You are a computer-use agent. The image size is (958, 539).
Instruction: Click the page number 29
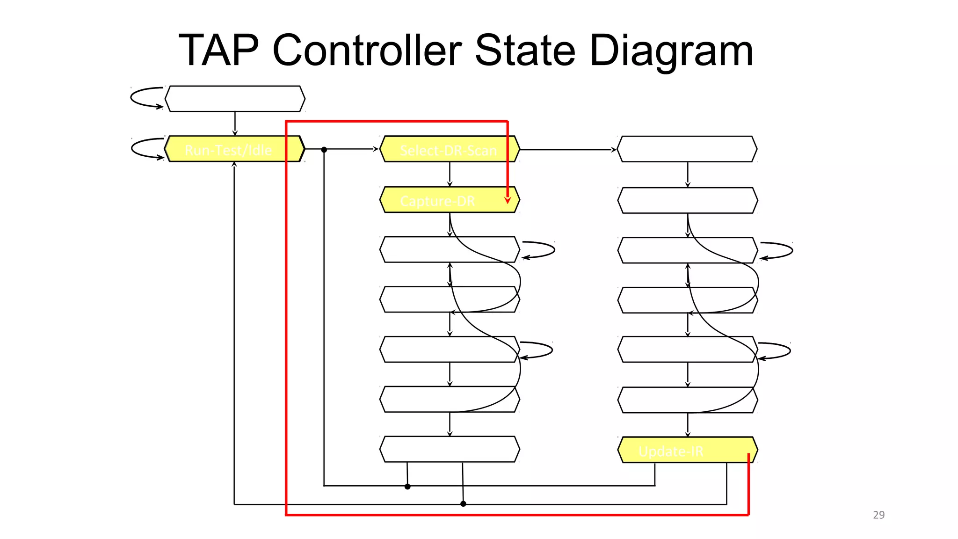(x=878, y=515)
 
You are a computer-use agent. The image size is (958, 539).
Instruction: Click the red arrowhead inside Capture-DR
(x=508, y=200)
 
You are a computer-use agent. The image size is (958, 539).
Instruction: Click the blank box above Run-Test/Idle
(x=235, y=99)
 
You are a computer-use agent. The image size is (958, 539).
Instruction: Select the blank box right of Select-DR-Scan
(x=687, y=149)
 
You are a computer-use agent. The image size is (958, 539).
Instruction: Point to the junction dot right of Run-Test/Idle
(x=324, y=150)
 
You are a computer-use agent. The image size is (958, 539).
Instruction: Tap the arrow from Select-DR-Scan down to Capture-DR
(x=450, y=175)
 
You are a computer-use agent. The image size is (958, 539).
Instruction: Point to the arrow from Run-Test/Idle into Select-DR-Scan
(x=351, y=149)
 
